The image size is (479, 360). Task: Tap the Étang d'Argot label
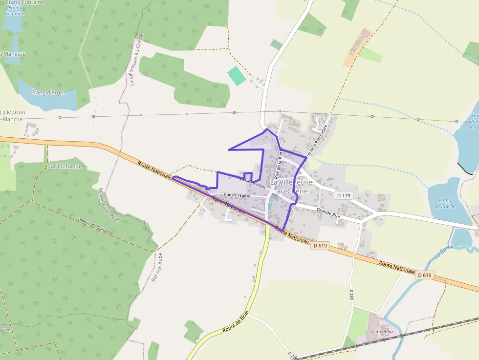48,92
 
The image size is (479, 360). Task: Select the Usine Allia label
381,332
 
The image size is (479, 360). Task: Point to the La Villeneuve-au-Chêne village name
289,186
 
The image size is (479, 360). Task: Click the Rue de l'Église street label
237,195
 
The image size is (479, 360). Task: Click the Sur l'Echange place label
65,167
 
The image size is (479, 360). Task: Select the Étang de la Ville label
445,203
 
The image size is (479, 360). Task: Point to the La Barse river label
443,251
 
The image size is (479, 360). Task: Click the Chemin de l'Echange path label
95,226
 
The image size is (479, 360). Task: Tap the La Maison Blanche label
13,116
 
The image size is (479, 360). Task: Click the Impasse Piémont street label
250,182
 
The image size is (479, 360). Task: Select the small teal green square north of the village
236,76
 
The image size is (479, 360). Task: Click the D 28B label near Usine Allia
351,294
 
